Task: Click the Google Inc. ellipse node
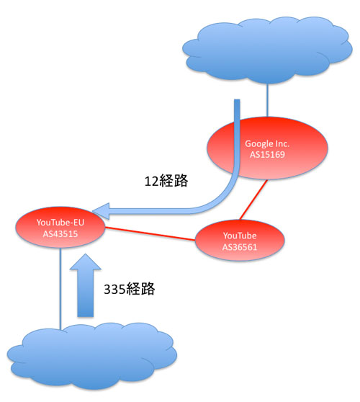point(267,148)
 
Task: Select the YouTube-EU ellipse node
point(60,228)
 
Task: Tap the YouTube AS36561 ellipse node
point(240,240)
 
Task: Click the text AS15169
point(267,155)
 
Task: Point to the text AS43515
point(60,234)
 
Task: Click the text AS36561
point(240,247)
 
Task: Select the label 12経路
point(166,181)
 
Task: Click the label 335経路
point(129,289)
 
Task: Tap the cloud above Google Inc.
point(267,50)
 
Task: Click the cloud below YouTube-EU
point(91,357)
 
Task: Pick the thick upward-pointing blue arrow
point(86,285)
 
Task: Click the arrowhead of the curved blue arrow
point(101,211)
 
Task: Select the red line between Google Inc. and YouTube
point(253,200)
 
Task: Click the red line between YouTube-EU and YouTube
point(150,233)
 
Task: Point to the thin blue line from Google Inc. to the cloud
point(267,100)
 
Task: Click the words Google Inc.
point(267,143)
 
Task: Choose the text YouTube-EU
point(60,223)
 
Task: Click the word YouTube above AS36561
point(240,236)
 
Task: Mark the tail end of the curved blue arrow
point(237,99)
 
